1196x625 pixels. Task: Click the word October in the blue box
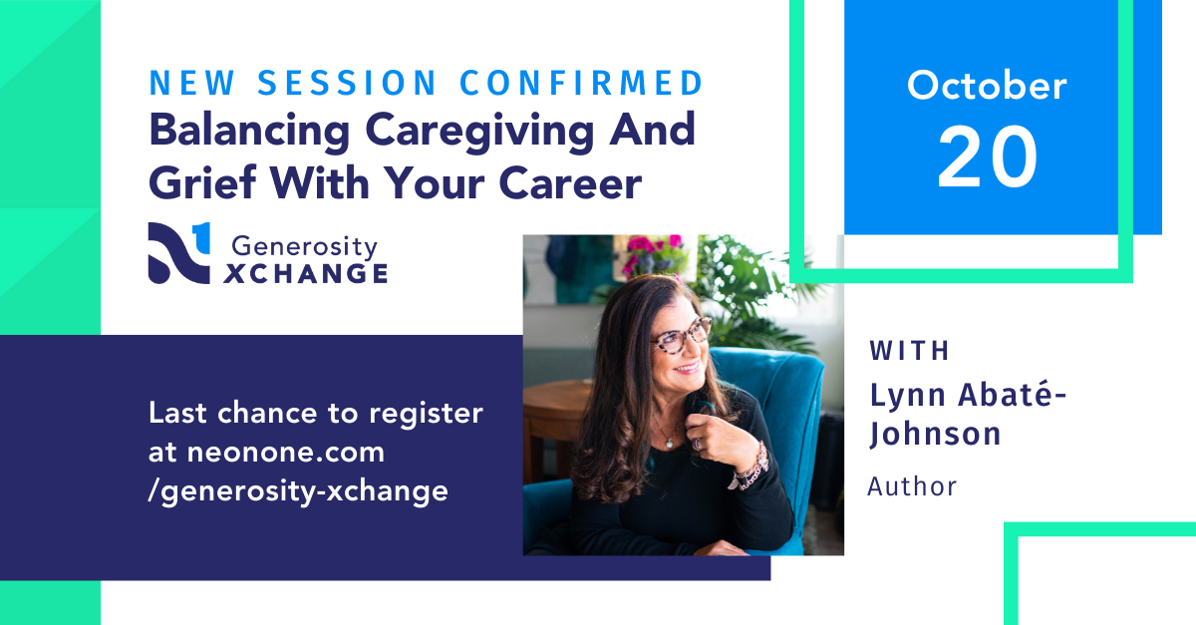pyautogui.click(x=986, y=86)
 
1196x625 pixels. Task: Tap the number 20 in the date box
pyautogui.click(x=987, y=157)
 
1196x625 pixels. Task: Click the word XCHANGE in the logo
pyautogui.click(x=305, y=272)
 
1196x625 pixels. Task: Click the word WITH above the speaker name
pyautogui.click(x=910, y=351)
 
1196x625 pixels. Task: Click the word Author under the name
pyautogui.click(x=912, y=485)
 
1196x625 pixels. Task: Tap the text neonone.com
pyautogui.click(x=286, y=451)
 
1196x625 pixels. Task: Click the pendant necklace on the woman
pyautogui.click(x=666, y=439)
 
